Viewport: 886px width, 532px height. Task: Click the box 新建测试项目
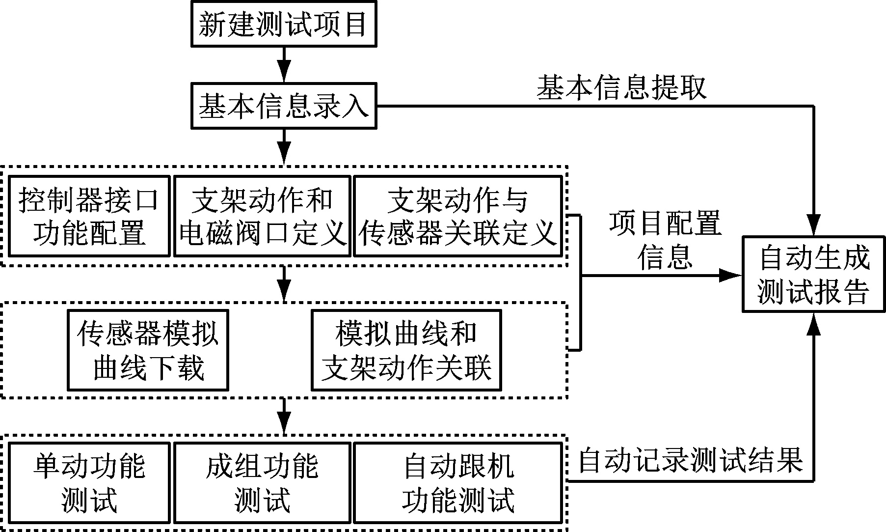284,25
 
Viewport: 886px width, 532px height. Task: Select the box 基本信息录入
284,107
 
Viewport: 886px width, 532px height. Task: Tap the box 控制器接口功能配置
89,216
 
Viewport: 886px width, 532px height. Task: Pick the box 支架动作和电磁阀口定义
263,216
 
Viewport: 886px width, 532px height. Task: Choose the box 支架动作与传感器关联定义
457,216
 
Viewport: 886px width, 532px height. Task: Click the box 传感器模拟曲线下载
148,350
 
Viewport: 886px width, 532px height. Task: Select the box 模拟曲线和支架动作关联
406,350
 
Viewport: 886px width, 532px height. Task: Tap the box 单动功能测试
89,483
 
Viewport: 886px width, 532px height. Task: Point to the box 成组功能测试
263,483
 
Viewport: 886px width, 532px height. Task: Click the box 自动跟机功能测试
457,483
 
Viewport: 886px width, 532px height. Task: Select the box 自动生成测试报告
814,274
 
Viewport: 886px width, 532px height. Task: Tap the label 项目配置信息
665,240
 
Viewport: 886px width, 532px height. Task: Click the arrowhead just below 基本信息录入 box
284,153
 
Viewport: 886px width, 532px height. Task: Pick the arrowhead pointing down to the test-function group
284,423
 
